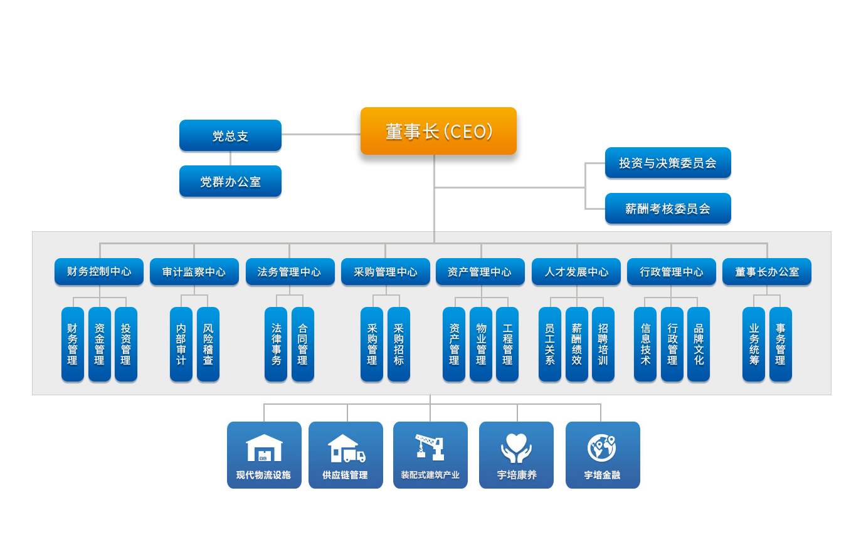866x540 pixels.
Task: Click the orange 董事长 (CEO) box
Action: tap(438, 131)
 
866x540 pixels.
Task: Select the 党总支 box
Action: tap(230, 135)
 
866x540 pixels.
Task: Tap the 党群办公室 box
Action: tap(230, 182)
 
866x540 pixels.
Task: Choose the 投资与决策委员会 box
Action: tap(668, 163)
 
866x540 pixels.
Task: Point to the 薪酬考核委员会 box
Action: tap(668, 209)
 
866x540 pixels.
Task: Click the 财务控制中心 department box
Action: tap(99, 272)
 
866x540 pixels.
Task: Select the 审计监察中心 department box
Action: tap(194, 272)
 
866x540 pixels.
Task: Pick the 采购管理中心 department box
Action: tap(386, 272)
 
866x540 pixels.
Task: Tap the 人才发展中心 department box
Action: tap(576, 272)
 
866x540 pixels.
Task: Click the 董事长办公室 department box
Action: tap(767, 272)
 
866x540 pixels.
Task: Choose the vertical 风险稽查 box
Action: tap(208, 344)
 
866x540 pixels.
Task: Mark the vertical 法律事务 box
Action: tap(276, 344)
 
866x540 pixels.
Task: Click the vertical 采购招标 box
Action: tap(399, 344)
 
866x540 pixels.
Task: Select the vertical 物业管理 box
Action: tap(481, 344)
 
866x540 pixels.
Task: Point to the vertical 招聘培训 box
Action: tap(603, 344)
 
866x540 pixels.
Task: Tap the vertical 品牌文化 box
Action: tap(699, 344)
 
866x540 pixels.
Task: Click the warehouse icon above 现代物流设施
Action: tap(264, 447)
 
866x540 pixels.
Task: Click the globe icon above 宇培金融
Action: tap(602, 447)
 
